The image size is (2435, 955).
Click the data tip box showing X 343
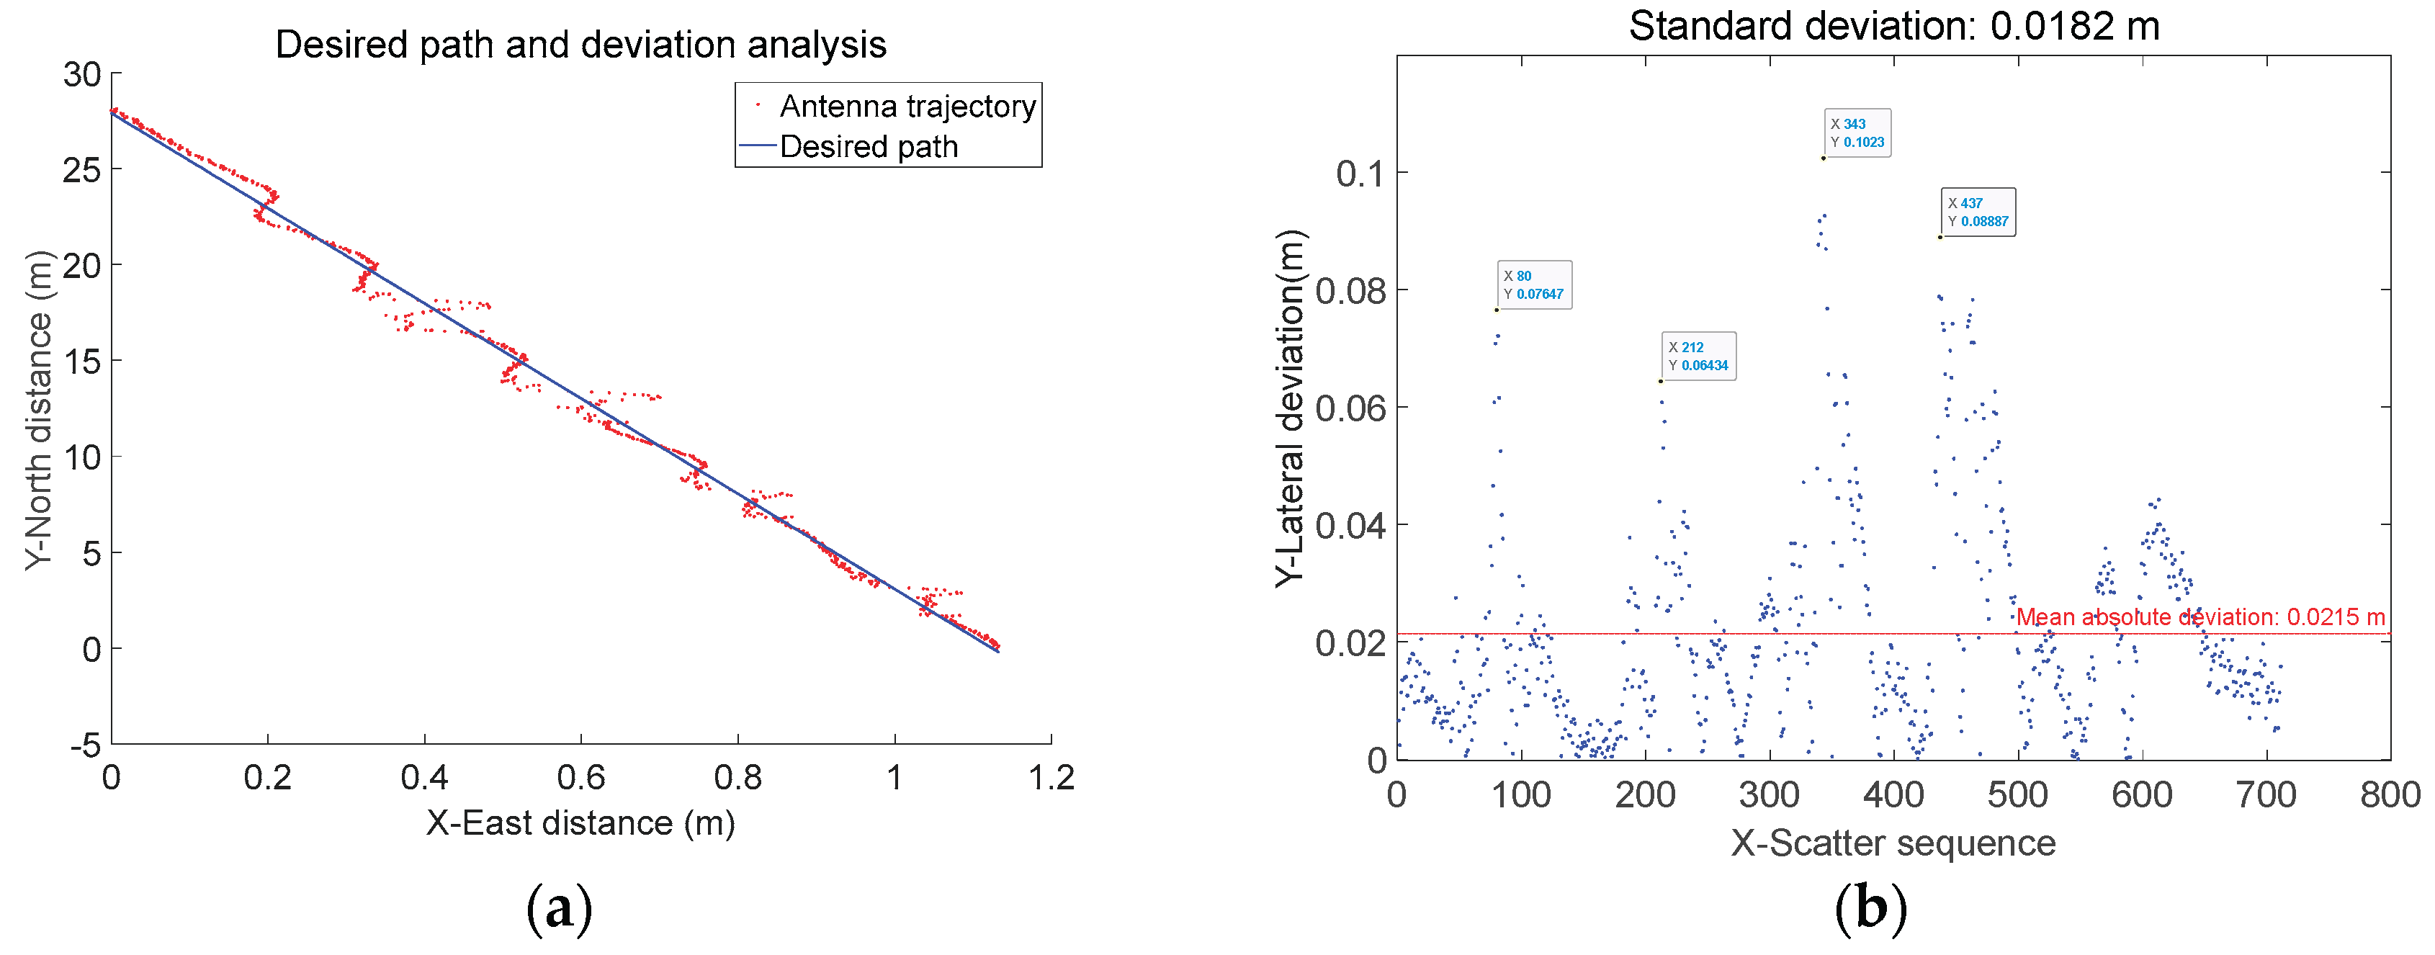(x=1857, y=133)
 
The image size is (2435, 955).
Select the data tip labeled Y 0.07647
(x=1533, y=284)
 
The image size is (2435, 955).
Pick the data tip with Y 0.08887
(x=1978, y=212)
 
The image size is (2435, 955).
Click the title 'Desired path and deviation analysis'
(x=580, y=45)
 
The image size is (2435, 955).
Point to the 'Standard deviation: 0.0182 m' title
(x=1893, y=25)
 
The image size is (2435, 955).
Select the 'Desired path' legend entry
(x=868, y=146)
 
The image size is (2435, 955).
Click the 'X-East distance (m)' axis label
(x=580, y=822)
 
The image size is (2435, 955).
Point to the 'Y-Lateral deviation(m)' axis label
(x=1288, y=408)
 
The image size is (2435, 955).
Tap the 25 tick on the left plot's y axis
(x=81, y=170)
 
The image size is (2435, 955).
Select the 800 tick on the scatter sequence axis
(x=2390, y=794)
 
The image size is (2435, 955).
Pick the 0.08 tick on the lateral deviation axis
(x=1349, y=291)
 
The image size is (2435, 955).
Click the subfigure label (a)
(x=559, y=907)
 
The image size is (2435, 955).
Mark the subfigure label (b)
(x=1870, y=907)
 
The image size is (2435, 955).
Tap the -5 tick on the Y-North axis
(x=85, y=745)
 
